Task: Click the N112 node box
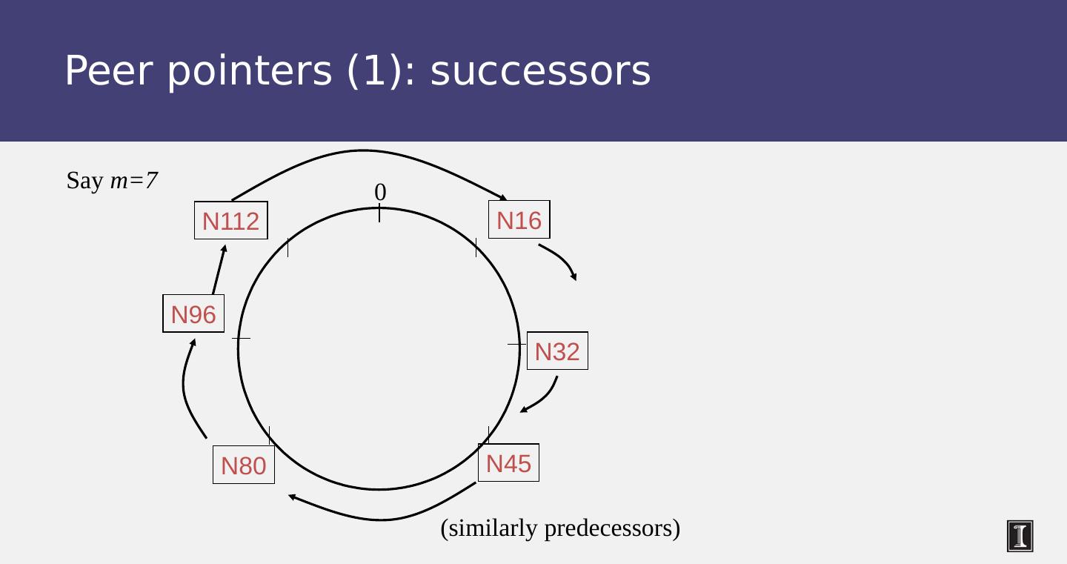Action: (230, 220)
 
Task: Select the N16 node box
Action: (519, 219)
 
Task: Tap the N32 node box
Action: (557, 351)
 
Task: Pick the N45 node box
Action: (508, 462)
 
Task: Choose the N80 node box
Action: (243, 465)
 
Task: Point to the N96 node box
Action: (193, 313)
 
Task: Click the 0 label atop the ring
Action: (380, 192)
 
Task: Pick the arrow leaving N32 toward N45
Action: (544, 397)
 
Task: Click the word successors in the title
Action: (540, 71)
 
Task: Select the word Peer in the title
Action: (109, 71)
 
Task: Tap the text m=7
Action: (133, 180)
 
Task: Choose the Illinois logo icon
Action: (1020, 536)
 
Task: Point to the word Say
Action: (84, 180)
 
